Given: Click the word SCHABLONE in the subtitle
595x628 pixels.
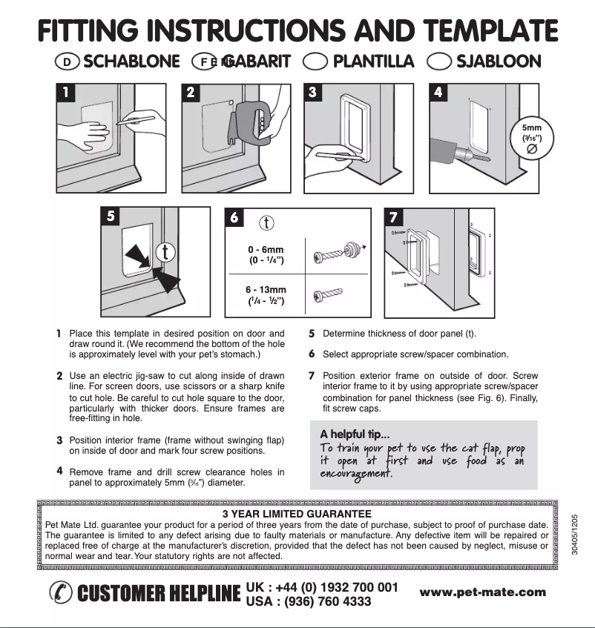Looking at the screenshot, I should (x=131, y=62).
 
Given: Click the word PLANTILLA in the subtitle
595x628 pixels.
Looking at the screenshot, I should (x=373, y=62).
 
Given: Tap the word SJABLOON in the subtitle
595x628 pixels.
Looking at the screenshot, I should (x=499, y=62).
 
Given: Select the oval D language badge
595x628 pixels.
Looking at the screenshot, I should (x=67, y=62).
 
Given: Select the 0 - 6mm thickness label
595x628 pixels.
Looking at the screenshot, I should (x=266, y=254).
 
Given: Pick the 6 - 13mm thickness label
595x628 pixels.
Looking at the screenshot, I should (x=266, y=295).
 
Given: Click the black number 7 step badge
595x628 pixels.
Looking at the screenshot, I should (x=394, y=217).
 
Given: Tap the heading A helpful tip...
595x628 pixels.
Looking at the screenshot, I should (x=355, y=434).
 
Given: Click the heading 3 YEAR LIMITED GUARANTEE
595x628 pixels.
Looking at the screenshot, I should (x=296, y=512).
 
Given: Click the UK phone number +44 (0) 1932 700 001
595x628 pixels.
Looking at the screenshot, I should (x=322, y=586).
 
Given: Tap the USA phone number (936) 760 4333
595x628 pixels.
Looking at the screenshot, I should (x=308, y=601).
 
